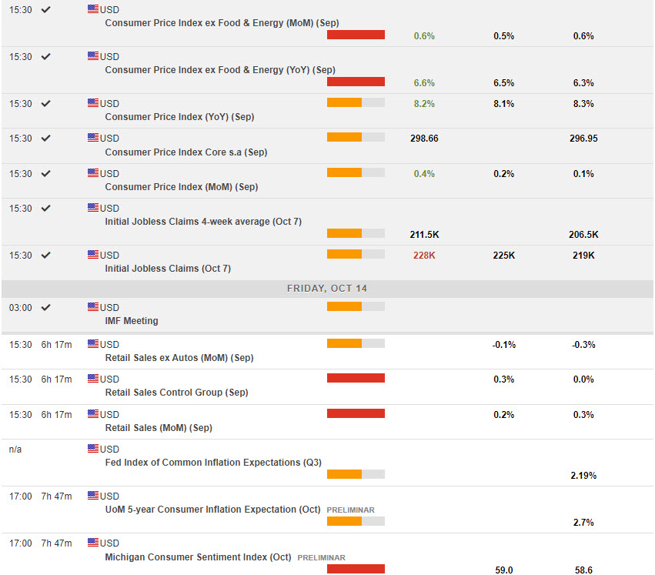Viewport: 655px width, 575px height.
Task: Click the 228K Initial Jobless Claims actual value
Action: point(424,256)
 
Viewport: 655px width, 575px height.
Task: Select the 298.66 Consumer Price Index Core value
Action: point(424,139)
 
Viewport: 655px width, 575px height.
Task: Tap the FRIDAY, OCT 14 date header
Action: point(327,288)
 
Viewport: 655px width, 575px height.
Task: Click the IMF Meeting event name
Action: point(132,321)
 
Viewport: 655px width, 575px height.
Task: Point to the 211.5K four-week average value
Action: point(424,235)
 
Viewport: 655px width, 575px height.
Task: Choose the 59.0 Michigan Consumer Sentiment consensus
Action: point(504,570)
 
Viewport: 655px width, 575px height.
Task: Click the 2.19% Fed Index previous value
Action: point(583,476)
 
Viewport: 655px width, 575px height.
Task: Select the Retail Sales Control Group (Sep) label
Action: point(176,393)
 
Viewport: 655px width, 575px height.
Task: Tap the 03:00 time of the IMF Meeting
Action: point(20,307)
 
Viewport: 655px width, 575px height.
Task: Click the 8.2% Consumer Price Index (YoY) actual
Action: point(424,104)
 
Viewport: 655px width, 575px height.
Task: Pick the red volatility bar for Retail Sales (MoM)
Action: point(356,413)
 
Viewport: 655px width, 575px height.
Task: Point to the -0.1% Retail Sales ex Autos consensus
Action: point(504,345)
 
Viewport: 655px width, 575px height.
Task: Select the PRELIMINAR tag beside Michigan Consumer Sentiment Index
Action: point(321,557)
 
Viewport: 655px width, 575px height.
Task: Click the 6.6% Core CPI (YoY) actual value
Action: point(424,83)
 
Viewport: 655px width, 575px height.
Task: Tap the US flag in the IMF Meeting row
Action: point(93,306)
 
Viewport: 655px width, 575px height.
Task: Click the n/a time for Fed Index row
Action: point(15,449)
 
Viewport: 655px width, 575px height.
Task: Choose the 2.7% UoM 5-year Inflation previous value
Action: point(583,523)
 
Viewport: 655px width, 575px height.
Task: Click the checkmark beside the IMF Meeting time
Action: point(45,307)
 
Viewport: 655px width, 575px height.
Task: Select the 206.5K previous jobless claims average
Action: point(583,235)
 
